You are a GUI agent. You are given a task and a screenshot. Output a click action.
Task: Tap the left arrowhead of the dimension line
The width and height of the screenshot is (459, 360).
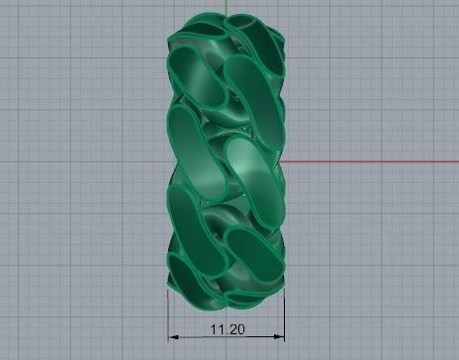point(171,332)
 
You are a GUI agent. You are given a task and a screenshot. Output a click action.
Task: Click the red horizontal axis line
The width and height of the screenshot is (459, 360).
point(376,160)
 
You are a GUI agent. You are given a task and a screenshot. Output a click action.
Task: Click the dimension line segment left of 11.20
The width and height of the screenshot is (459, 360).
point(188,332)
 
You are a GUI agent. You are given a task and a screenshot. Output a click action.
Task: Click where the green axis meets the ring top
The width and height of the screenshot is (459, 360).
point(226,15)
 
